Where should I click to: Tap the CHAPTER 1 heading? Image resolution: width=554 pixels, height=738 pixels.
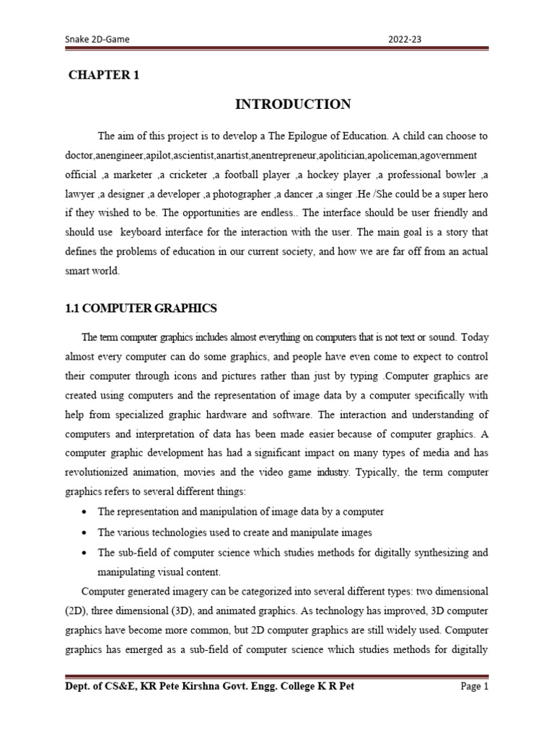[x=103, y=75]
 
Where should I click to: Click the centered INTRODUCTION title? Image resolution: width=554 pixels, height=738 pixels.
[x=293, y=105]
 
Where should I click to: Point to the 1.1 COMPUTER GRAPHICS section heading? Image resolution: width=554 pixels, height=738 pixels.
[x=141, y=308]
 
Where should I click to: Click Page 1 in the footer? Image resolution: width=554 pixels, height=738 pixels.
[x=475, y=686]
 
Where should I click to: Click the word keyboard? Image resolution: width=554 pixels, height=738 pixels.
[x=144, y=234]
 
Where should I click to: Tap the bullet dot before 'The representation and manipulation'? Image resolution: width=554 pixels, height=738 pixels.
[x=86, y=512]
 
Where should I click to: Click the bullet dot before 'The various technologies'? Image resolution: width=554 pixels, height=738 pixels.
[x=86, y=532]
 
